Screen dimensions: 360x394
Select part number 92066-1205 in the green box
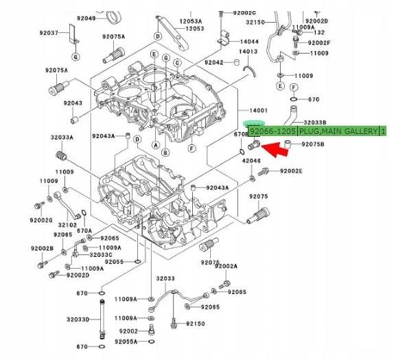[x=273, y=131]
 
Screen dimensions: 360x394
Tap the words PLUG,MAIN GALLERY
[x=338, y=131]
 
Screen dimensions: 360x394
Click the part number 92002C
[x=244, y=13]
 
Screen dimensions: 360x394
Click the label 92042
[x=215, y=63]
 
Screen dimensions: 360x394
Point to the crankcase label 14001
[x=258, y=110]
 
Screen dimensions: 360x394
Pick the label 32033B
[x=316, y=122]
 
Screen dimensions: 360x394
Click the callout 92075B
[x=312, y=144]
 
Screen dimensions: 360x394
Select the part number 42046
[x=251, y=161]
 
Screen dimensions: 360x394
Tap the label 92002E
[x=290, y=171]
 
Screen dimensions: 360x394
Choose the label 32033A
[x=62, y=137]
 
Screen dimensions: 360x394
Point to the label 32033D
[x=78, y=320]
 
